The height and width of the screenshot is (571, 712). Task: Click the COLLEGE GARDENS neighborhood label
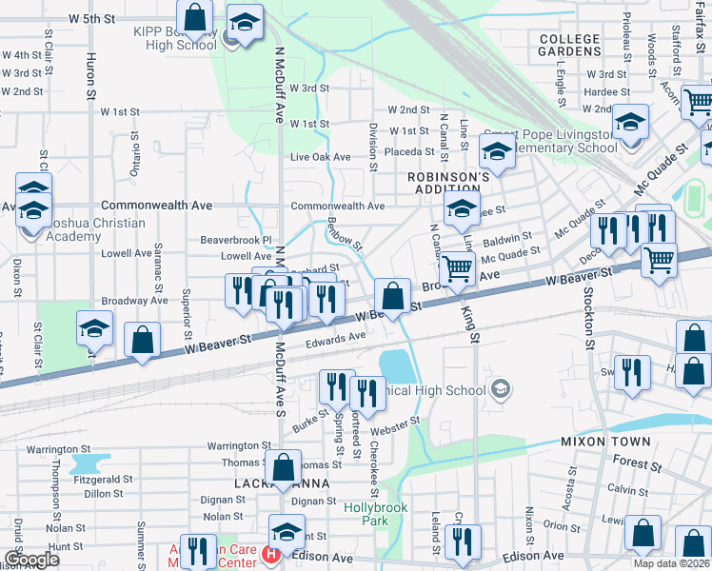570,45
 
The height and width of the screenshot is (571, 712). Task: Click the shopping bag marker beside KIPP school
194,17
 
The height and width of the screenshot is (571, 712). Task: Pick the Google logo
30,560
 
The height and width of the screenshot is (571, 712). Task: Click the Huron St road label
91,76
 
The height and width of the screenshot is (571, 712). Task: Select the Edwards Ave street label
336,337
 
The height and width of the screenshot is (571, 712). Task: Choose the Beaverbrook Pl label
236,241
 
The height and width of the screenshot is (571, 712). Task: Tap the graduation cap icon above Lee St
461,208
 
